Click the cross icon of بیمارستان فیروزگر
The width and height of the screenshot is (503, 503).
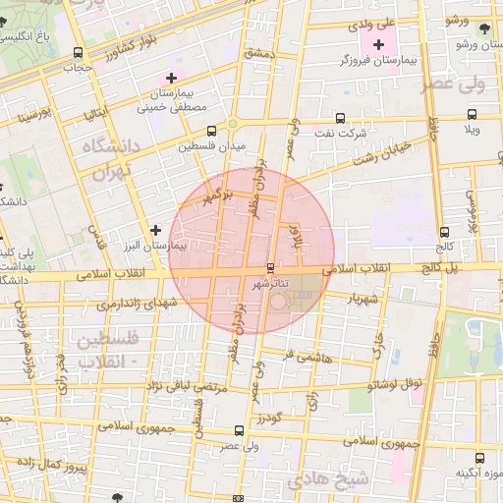(378, 44)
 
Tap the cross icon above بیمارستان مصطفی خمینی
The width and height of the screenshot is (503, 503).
(172, 77)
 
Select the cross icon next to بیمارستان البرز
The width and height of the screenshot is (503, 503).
(154, 230)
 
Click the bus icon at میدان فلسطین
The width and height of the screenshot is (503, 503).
(212, 131)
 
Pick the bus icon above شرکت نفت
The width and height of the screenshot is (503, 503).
(341, 116)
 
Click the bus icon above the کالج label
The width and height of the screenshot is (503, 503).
(446, 233)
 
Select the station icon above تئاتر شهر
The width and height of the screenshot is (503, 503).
(271, 267)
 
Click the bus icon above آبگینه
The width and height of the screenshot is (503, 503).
(479, 458)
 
